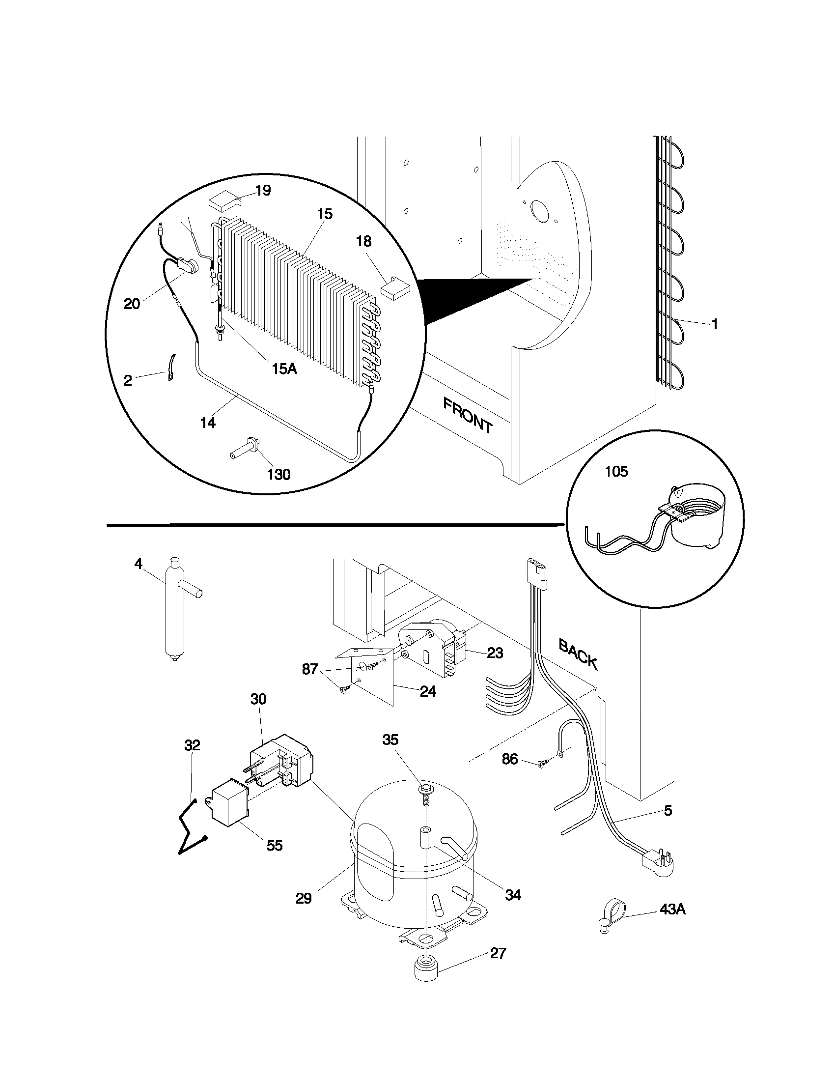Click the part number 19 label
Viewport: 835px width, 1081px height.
coord(263,191)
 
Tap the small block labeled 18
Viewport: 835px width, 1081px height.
coord(395,286)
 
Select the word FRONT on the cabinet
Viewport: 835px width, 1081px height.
coord(468,416)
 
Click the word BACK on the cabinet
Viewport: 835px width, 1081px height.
coord(578,654)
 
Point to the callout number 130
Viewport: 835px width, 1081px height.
coord(278,474)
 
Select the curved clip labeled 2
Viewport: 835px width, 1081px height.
coord(170,367)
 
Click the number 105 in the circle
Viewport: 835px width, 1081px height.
coord(616,471)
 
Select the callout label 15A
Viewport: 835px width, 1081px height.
coord(284,368)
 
